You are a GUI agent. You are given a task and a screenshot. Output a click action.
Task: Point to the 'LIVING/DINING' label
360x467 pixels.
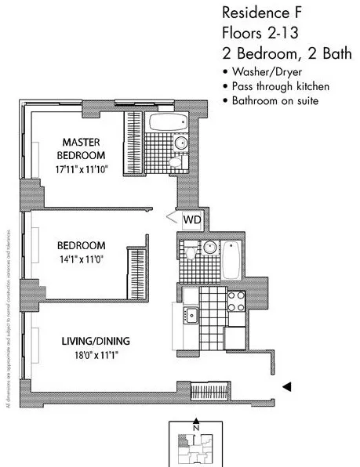point(96,341)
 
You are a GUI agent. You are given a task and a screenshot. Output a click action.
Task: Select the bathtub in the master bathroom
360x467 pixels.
point(166,124)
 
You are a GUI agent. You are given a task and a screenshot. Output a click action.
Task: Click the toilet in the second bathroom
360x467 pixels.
point(191,252)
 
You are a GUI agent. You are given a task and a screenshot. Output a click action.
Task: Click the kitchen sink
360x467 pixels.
point(191,316)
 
